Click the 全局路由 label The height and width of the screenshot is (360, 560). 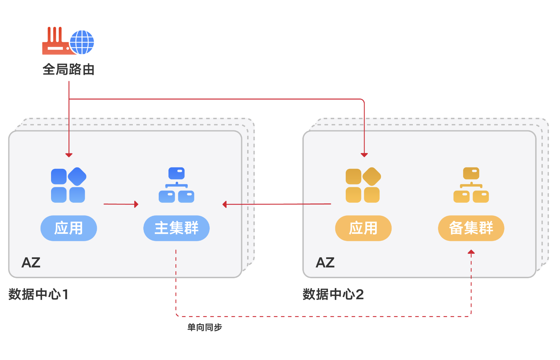[x=69, y=70]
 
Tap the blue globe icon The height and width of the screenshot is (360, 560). [x=82, y=42]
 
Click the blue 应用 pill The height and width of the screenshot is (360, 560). [x=69, y=228]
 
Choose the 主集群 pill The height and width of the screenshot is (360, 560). [x=176, y=228]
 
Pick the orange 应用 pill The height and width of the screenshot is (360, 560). [x=363, y=228]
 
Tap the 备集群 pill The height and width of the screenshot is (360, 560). [x=471, y=228]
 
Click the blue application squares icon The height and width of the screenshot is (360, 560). [x=69, y=185]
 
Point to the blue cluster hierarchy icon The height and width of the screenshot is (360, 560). [x=177, y=185]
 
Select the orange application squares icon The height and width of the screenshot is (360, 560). [x=363, y=185]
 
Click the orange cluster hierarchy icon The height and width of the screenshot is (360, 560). [x=471, y=185]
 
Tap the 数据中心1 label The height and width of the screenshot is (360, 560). [x=38, y=294]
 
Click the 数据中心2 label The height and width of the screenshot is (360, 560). [x=333, y=294]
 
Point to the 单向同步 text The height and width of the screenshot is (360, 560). [x=204, y=327]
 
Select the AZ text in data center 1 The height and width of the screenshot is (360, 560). [x=31, y=262]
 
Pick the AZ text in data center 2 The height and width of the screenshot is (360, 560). [x=325, y=262]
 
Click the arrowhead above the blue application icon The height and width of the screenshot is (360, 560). [x=69, y=155]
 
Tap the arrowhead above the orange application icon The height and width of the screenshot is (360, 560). [x=364, y=155]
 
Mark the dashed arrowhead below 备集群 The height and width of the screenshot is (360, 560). [x=471, y=252]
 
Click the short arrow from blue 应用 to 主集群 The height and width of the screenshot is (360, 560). [x=121, y=204]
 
